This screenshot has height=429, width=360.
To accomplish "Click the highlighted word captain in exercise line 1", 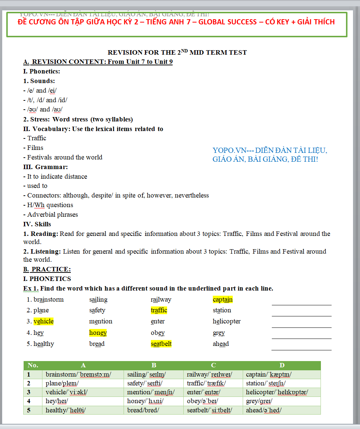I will (222, 299).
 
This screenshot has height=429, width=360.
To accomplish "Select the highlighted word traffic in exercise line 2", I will (159, 310).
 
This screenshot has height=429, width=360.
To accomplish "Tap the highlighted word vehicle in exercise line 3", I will (44, 322).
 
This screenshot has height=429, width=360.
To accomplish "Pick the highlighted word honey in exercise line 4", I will (98, 333).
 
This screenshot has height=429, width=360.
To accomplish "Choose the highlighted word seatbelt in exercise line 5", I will (161, 344).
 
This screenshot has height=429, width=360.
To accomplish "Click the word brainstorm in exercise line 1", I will (49, 299).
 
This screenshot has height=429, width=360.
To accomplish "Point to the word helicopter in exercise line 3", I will (226, 322).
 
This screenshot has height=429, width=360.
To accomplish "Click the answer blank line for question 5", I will (301, 349).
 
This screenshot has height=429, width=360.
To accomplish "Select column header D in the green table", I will (282, 365).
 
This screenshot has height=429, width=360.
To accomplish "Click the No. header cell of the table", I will (33, 365).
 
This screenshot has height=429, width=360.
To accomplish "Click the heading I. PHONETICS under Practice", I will (47, 279).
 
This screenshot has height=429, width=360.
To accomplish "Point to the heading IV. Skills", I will (37, 224).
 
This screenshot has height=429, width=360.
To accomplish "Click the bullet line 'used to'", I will (37, 186).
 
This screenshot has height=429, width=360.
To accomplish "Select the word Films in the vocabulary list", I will (35, 148).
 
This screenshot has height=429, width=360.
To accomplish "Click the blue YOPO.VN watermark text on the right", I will (270, 155).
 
